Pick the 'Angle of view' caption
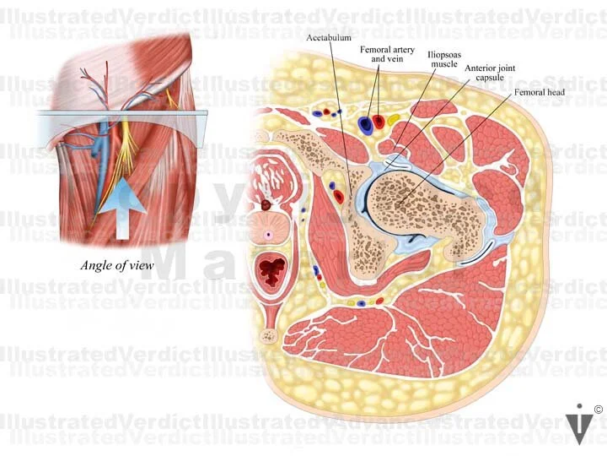[116, 265]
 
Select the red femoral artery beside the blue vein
[379, 122]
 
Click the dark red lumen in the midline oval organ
[272, 271]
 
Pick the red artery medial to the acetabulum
[338, 197]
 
